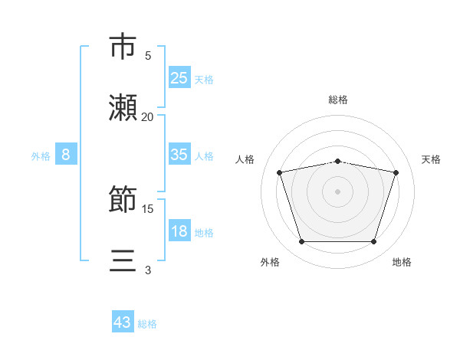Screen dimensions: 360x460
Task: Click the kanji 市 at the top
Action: [x=123, y=47]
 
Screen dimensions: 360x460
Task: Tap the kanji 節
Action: [x=123, y=201]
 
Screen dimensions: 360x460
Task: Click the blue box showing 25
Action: [x=179, y=78]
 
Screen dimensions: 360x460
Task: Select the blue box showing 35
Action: [x=179, y=155]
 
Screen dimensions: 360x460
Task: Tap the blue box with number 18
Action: [x=179, y=231]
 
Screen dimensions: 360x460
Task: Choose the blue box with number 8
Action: [x=66, y=155]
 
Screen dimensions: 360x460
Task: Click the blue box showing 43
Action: [x=123, y=322]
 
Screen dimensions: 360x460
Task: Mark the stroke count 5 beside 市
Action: [x=148, y=55]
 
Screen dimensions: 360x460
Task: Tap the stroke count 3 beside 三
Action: [x=148, y=270]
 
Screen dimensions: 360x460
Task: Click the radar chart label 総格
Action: [x=337, y=100]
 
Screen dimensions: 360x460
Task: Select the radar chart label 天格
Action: [x=431, y=159]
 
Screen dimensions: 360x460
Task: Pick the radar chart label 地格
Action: [x=402, y=262]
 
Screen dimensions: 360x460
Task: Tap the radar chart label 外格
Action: [x=270, y=262]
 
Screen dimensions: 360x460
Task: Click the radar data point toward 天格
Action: [x=396, y=172]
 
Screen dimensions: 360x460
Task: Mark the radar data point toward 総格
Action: [x=337, y=161]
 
